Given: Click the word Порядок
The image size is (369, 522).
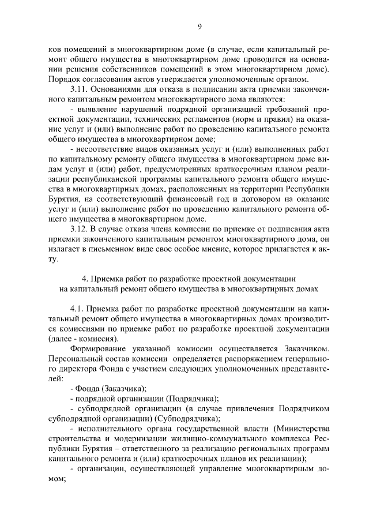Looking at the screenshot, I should pyautogui.click(x=64, y=78).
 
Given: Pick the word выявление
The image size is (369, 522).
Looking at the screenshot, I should pyautogui.click(x=97, y=109).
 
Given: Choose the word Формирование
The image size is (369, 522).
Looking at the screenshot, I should pyautogui.click(x=99, y=348).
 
